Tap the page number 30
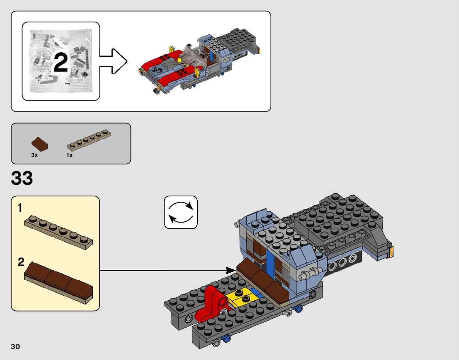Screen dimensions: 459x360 coord(15,347)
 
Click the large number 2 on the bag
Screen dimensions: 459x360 coord(61,63)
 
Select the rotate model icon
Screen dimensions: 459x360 coord(181,212)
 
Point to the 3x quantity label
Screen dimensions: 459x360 coord(34,155)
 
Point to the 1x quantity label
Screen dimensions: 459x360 coord(69,155)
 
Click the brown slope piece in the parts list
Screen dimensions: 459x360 coord(40,143)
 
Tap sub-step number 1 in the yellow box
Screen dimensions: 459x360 coord(20,208)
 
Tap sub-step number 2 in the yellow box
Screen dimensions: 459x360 coord(21,263)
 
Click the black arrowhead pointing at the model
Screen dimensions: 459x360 coord(231,270)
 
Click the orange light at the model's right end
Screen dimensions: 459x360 coord(391,252)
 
